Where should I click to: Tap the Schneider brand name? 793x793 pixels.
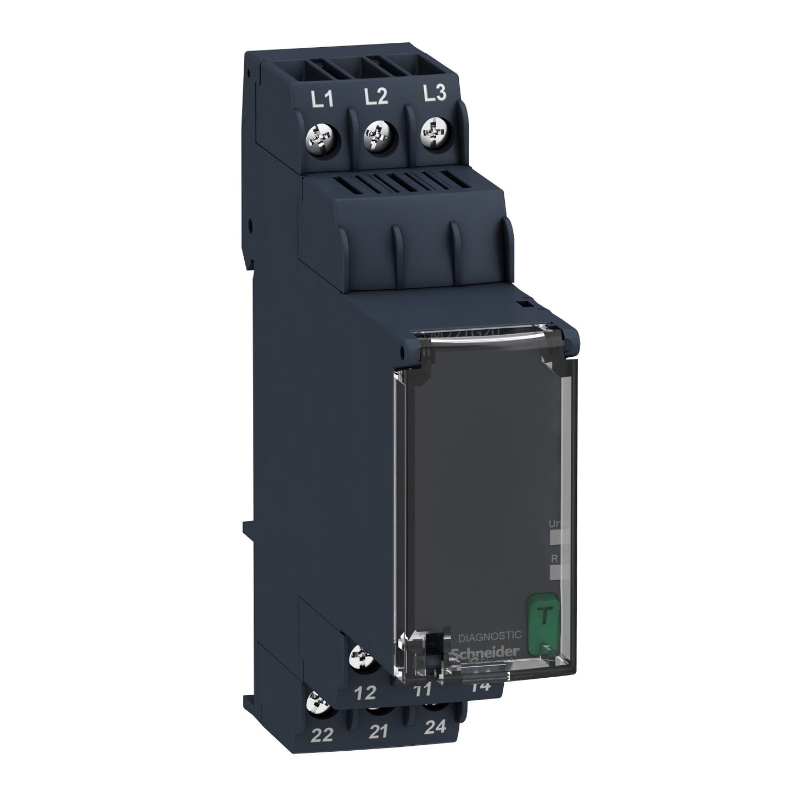(x=484, y=650)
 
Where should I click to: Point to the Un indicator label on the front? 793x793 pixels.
(x=554, y=525)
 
